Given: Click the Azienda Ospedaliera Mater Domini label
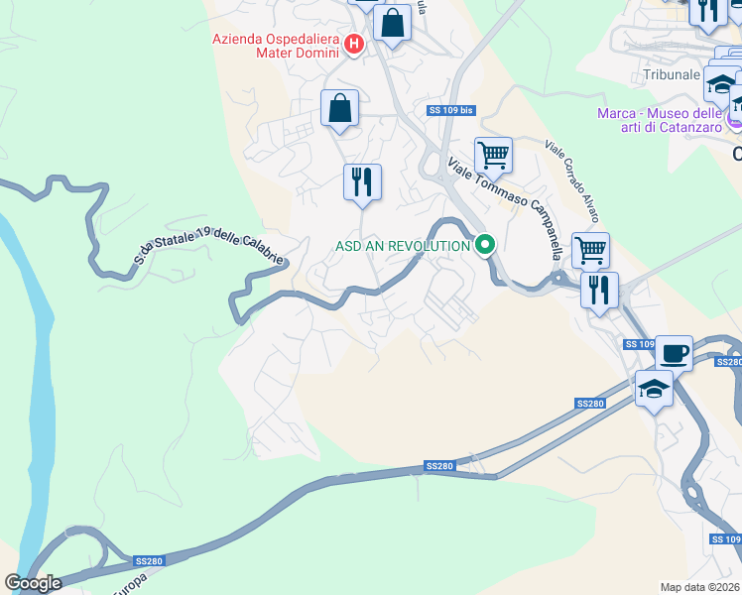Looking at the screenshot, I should click(276, 48).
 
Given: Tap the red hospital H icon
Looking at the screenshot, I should click(354, 43).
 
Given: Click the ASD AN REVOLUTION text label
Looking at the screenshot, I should click(402, 246).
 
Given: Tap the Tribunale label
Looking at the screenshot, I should click(672, 75).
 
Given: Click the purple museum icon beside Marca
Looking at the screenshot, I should click(734, 120).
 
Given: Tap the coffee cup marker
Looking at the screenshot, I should click(674, 352).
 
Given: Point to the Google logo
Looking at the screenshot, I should click(34, 583).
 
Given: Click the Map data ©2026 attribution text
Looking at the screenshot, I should click(700, 586).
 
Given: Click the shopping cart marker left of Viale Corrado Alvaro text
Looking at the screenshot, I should click(493, 155).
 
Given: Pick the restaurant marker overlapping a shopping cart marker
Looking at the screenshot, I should click(599, 290).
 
